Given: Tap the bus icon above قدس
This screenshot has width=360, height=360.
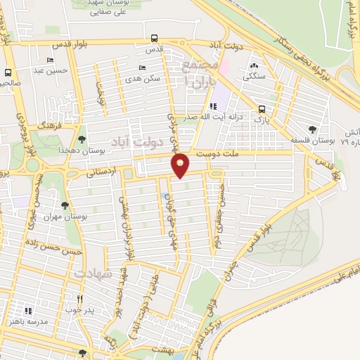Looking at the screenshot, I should point(154,39).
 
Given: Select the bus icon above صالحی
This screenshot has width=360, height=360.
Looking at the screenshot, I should point(8,72).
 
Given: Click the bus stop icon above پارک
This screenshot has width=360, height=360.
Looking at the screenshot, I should point(262,109).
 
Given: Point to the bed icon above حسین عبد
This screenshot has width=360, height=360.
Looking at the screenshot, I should point(49,60).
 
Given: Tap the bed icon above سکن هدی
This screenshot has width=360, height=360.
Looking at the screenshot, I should point(143,67).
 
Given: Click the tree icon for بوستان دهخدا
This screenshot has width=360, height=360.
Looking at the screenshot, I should point(82,139).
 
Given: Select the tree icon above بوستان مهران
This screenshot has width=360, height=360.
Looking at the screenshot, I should point(65,205).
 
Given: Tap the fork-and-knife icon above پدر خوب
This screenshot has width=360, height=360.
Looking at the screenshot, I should point(79,299).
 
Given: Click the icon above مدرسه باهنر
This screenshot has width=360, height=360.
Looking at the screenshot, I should point(28,310).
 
